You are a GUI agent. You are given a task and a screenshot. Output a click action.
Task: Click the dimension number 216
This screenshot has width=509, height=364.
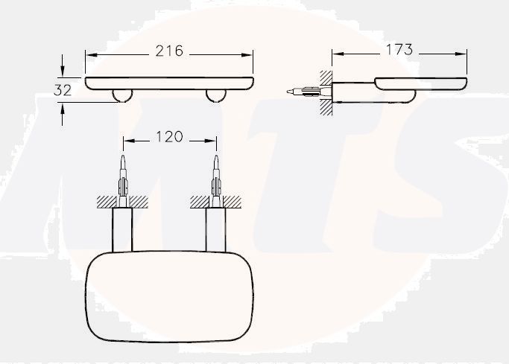[169, 51]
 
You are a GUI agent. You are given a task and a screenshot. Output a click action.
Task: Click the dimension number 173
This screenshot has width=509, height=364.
[399, 51]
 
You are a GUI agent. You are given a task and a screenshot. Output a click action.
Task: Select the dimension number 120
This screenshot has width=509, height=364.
[170, 138]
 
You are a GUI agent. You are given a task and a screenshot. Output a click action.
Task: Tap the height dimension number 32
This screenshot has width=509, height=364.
[63, 90]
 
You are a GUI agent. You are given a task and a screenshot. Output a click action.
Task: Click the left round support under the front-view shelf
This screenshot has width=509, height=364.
[121, 95]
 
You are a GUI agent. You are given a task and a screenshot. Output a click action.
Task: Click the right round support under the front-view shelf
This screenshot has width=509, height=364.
[217, 95]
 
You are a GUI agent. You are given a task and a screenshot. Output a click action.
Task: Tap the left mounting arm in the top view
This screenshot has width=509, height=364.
[122, 230]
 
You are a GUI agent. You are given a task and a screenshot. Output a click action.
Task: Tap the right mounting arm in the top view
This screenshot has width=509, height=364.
[216, 230]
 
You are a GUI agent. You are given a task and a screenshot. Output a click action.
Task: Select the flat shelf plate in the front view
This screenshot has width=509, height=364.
[169, 81]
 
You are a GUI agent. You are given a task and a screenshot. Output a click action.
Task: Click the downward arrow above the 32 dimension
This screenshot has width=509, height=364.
[63, 72]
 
